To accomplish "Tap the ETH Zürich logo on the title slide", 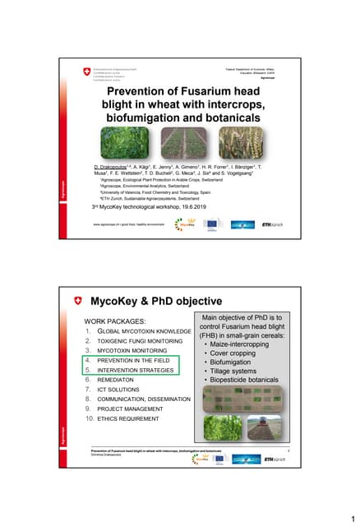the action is point(271,224).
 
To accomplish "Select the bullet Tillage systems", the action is point(235,371).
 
